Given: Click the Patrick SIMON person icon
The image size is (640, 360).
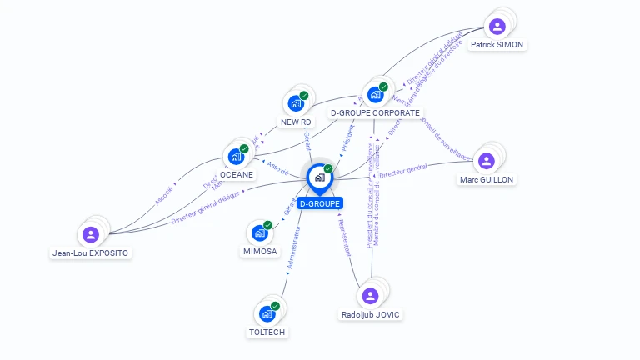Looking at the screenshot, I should [497, 26].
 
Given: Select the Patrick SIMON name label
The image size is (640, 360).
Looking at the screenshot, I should [497, 45].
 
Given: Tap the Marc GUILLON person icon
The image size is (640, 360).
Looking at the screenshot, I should [487, 161].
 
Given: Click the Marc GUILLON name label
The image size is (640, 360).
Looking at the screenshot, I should [487, 179].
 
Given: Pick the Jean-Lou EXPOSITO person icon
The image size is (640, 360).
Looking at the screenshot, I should [92, 234].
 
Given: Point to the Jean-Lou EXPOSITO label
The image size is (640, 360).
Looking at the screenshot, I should [91, 252].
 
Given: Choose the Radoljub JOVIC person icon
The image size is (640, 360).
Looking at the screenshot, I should [370, 295].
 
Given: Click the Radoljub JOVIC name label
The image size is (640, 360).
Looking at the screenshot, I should [371, 315].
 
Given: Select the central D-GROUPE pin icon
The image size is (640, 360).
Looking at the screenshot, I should [319, 177].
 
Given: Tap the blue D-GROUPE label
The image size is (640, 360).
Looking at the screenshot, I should [319, 202].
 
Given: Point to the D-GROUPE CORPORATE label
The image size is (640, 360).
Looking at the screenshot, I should [375, 112].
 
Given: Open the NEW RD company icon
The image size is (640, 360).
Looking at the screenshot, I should [295, 103].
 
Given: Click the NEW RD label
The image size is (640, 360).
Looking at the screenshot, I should [296, 122].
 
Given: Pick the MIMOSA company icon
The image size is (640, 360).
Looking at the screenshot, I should [259, 232].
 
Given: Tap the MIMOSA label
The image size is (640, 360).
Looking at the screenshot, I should [260, 251].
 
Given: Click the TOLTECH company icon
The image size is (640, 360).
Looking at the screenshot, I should [267, 313].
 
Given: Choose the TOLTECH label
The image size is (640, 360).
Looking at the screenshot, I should [267, 332].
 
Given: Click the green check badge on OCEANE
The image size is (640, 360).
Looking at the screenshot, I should [244, 148].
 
